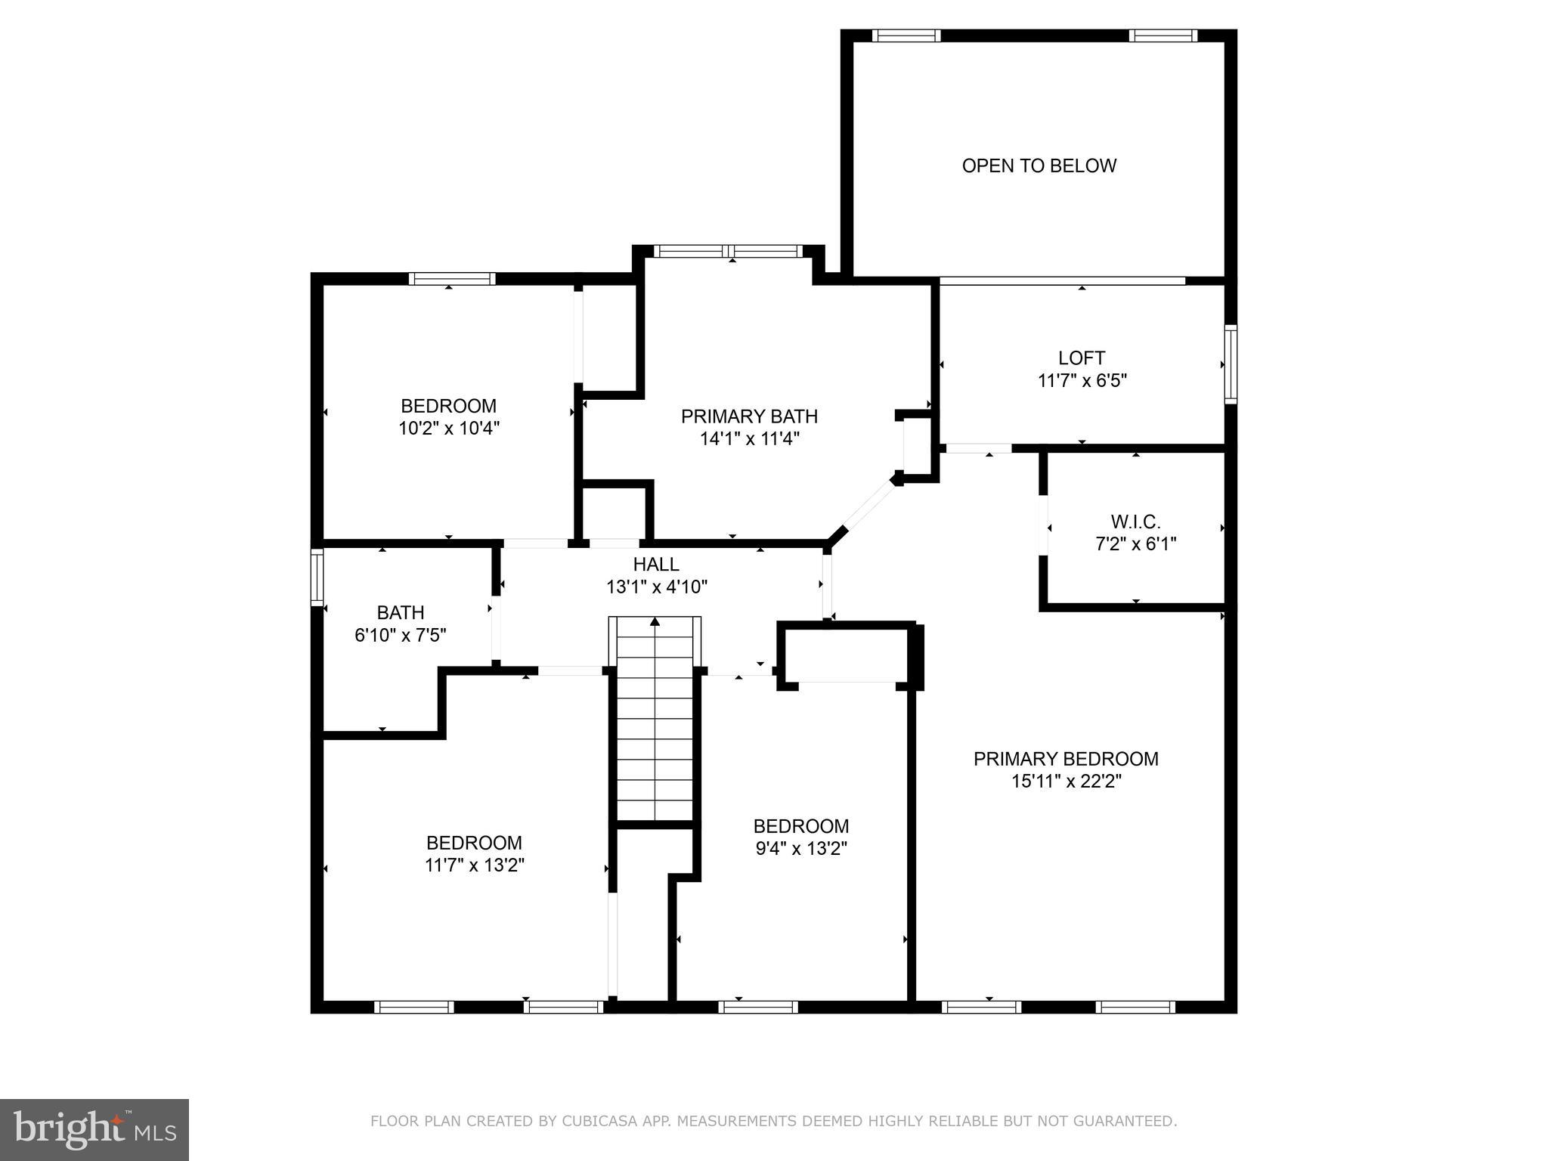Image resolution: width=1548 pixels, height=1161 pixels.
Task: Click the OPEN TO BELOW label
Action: coord(1039,166)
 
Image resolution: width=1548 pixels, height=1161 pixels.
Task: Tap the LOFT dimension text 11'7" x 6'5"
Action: coord(1082,381)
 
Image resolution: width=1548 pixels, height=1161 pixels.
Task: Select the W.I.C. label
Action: coord(1135,522)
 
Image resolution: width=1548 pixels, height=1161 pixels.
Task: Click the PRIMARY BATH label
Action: coord(749,416)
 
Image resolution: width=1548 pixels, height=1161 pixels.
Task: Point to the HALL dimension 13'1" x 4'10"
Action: coord(656,587)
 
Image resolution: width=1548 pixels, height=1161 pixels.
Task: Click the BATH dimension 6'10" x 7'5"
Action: coord(400,636)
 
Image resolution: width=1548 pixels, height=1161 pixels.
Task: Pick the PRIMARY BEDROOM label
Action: coord(1065,759)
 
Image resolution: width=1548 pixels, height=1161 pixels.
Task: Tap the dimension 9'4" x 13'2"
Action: coord(800,849)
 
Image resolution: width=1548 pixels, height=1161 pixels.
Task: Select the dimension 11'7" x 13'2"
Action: coord(474,865)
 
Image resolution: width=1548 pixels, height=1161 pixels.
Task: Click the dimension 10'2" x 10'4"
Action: coord(448,429)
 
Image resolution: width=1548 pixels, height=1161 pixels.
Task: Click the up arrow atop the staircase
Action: coord(655,622)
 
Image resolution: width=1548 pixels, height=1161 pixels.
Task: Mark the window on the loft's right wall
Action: coord(1230,364)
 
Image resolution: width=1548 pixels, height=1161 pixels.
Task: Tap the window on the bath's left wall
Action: coord(317,577)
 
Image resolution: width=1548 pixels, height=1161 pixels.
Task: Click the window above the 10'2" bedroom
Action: coord(452,279)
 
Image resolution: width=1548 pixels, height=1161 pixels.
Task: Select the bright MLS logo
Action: coord(94,1130)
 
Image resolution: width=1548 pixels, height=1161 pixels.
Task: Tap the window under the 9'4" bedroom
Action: coord(757,1007)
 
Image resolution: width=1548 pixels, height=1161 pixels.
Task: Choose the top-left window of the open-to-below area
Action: coord(906,36)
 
